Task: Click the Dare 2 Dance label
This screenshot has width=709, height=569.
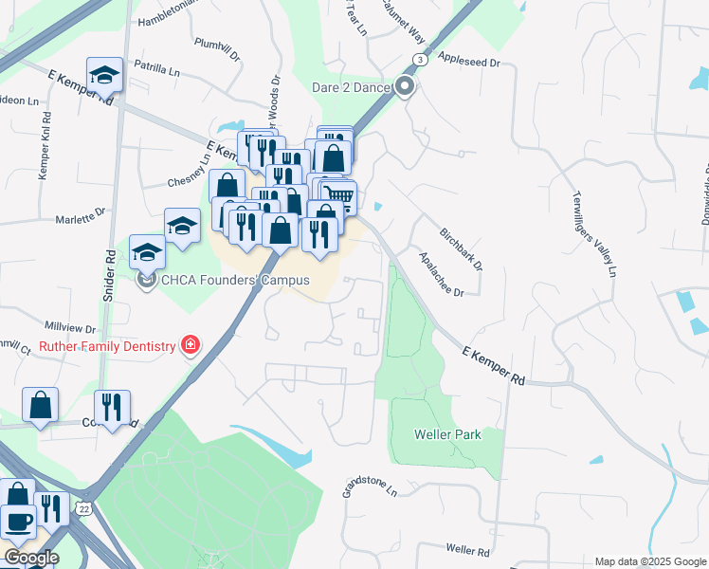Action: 352,88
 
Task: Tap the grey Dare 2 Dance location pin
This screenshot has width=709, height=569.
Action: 406,87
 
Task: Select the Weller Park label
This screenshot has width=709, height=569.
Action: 447,435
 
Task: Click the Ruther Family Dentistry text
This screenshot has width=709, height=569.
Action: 107,346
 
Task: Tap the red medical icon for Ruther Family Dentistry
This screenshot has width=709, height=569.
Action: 191,345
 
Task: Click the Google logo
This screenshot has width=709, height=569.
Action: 30,558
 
